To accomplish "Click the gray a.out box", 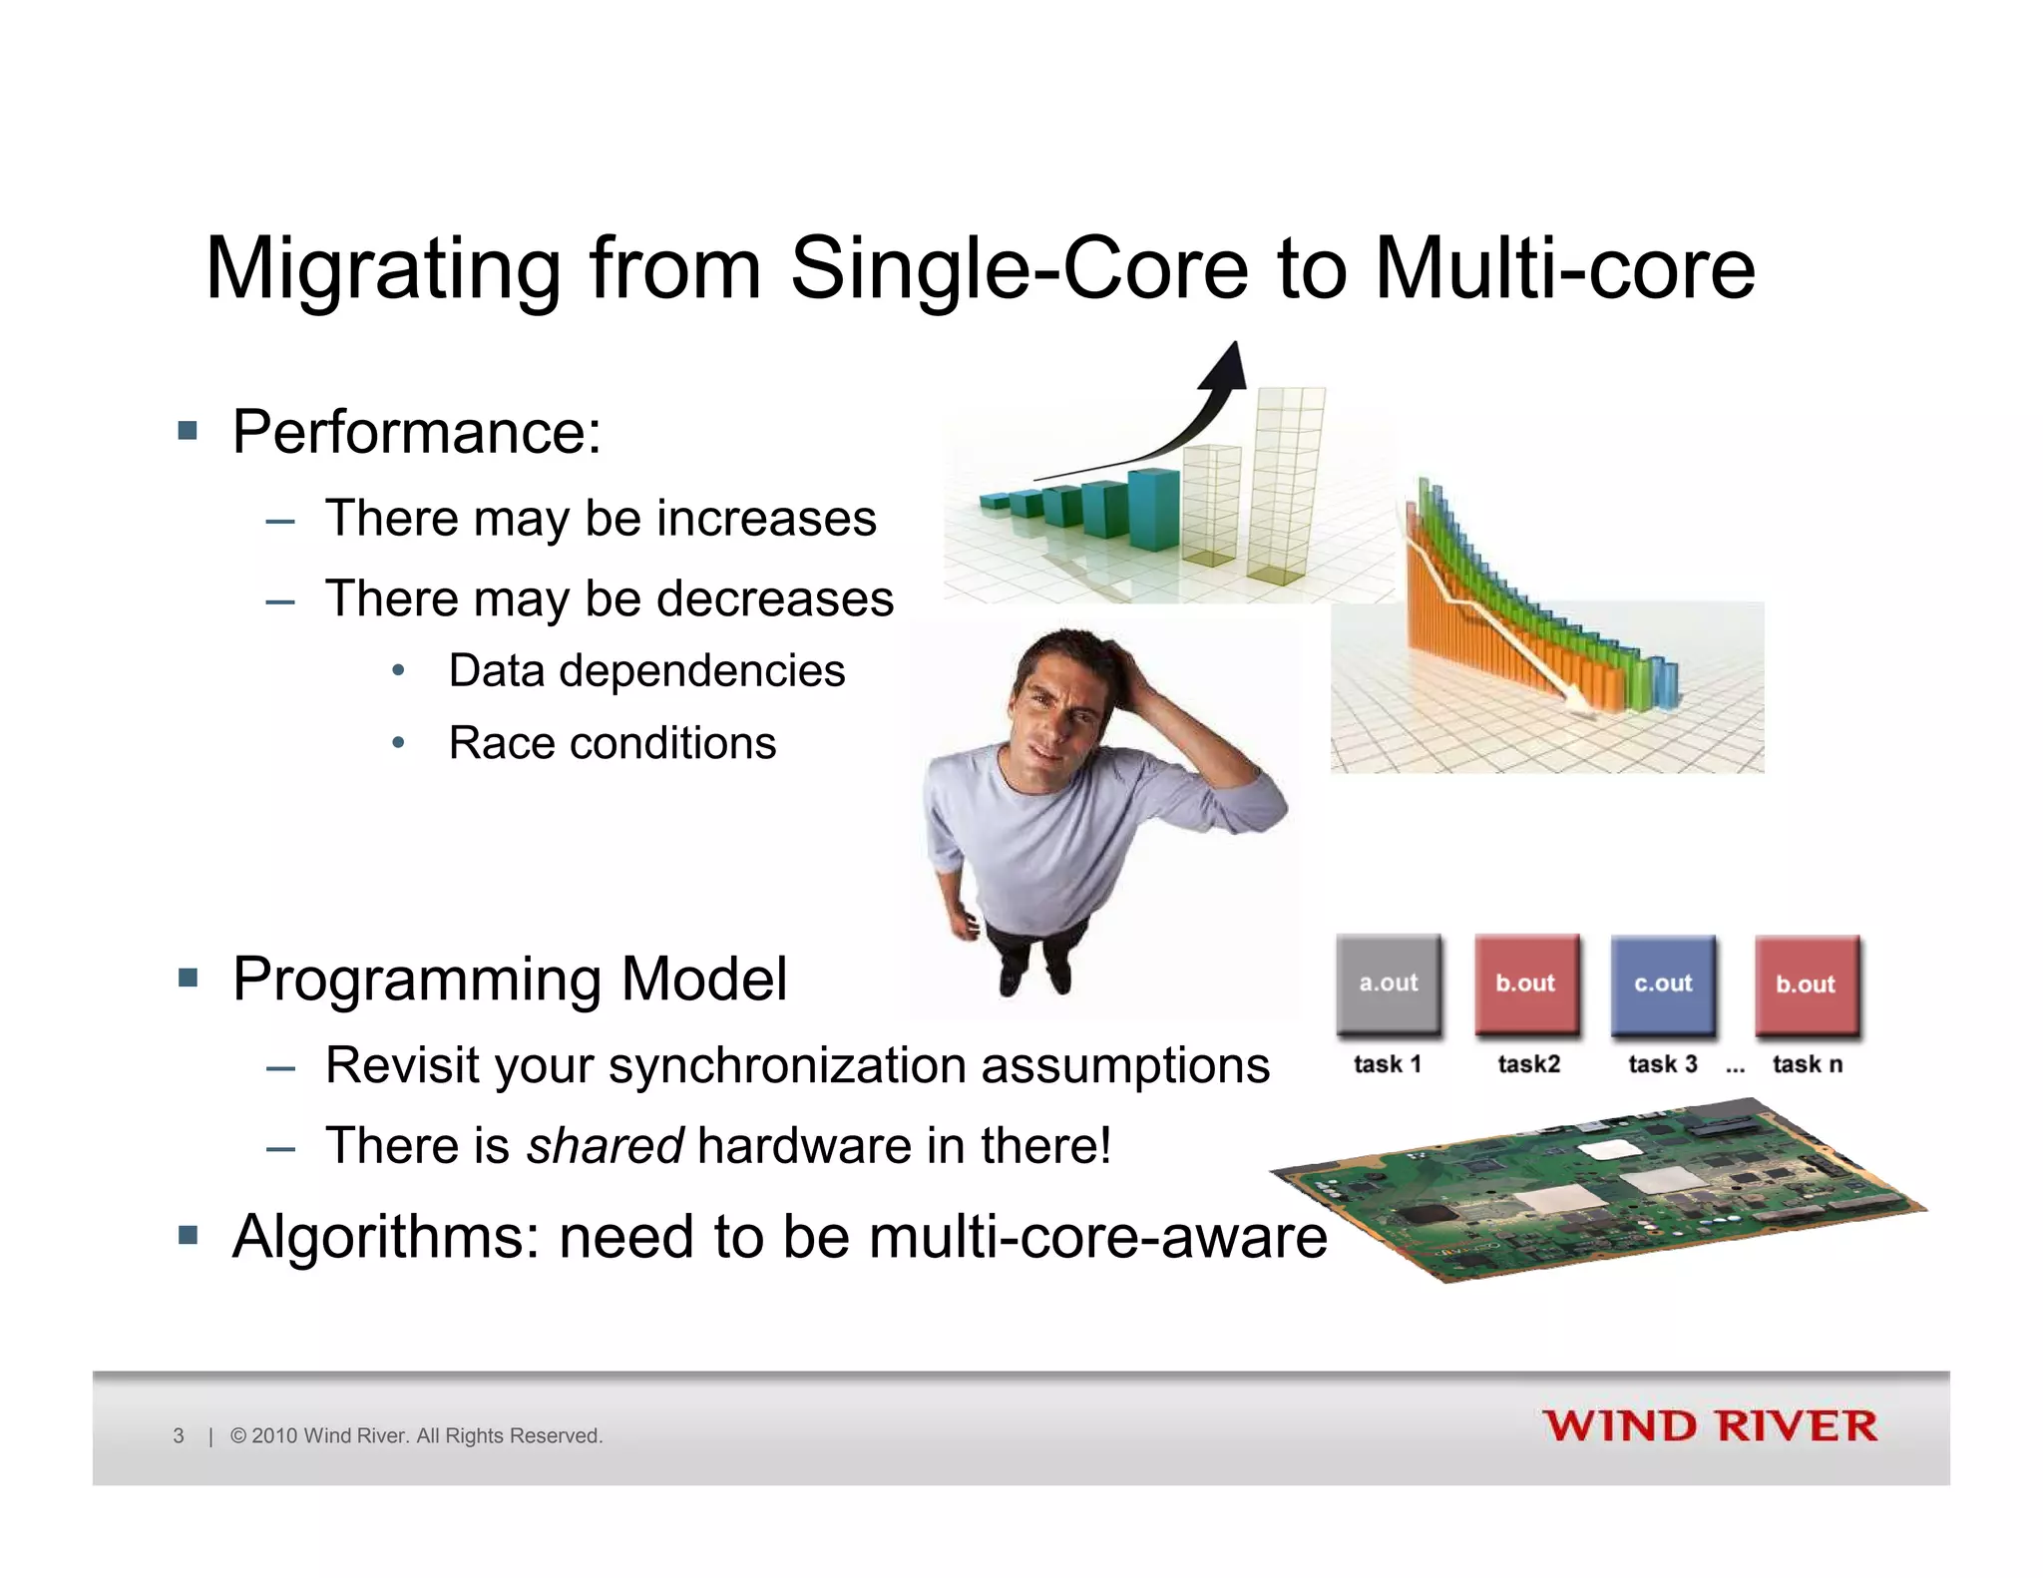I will click(x=1388, y=984).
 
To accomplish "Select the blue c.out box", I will click(x=1663, y=984).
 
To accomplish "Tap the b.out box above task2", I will click(x=1526, y=984).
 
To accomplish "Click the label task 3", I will click(x=1662, y=1064).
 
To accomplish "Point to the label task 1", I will click(x=1387, y=1064).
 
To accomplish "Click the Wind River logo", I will click(x=1710, y=1426).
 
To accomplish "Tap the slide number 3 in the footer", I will click(x=179, y=1436).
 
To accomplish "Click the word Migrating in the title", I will click(x=383, y=269).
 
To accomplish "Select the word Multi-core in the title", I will click(x=1564, y=269).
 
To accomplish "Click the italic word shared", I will click(x=605, y=1145).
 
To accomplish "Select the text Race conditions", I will click(x=612, y=743).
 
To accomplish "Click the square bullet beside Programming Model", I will click(x=188, y=978).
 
